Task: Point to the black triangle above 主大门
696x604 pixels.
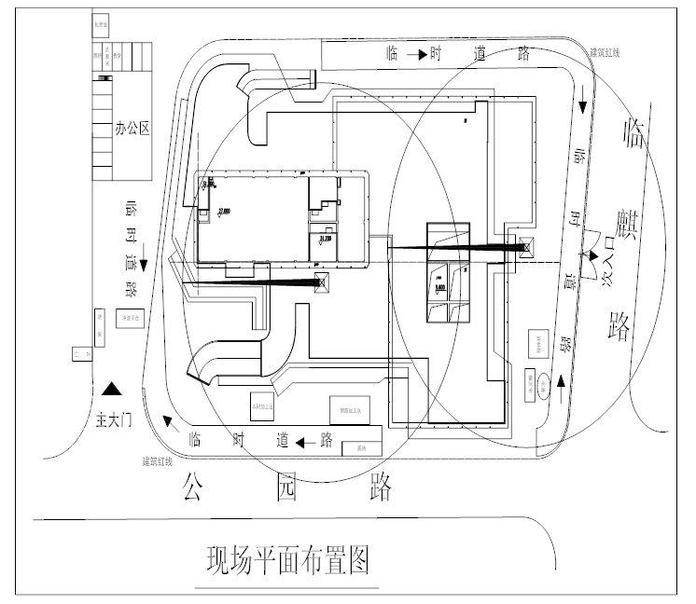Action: click(x=111, y=388)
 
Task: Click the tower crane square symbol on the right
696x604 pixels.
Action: click(x=525, y=246)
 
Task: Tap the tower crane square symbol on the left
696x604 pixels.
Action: click(x=323, y=282)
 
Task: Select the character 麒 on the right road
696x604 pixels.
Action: click(x=622, y=226)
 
